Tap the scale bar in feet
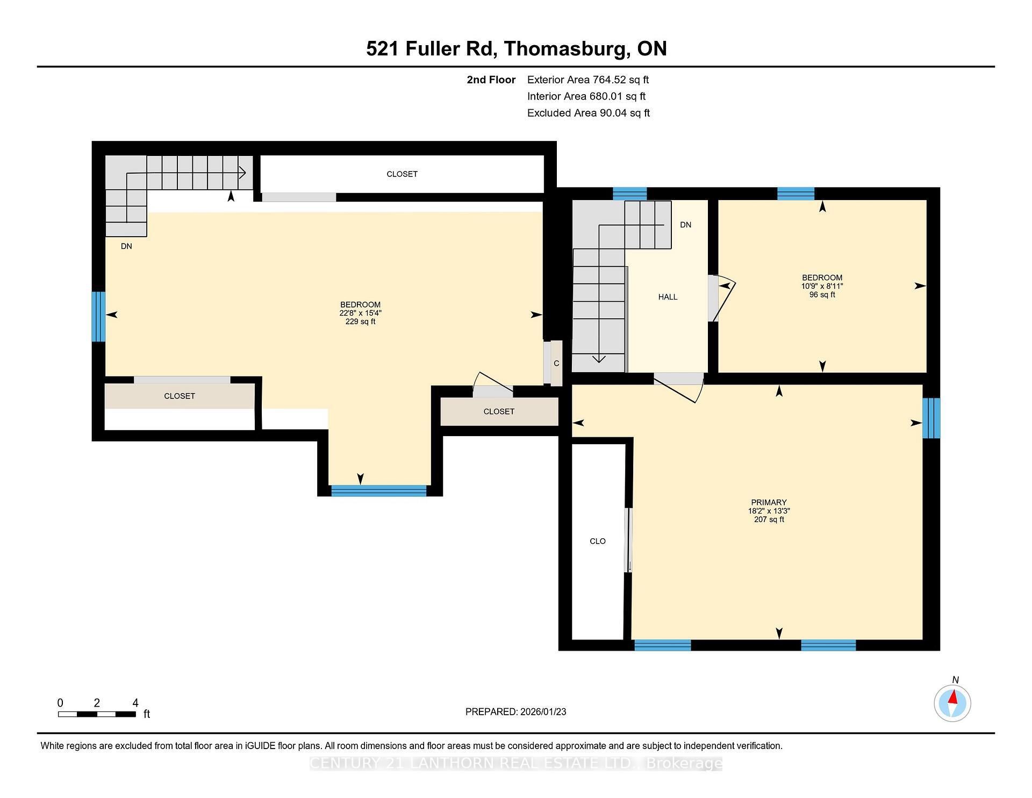tap(97, 714)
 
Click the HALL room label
tap(668, 297)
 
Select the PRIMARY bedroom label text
tap(769, 502)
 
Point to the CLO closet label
tap(597, 541)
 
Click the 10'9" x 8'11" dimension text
tap(822, 286)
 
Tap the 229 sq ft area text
tap(360, 322)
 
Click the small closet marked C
tap(556, 364)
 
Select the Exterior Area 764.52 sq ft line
tap(587, 80)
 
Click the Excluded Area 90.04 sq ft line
tap(588, 113)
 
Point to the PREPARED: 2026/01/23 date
tap(515, 711)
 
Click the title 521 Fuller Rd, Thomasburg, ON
tap(516, 48)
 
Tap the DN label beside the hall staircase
tap(685, 225)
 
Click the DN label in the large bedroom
tap(126, 246)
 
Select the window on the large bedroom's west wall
tap(98, 316)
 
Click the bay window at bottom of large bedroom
tap(378, 490)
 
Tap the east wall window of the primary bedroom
tap(931, 418)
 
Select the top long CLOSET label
tap(402, 174)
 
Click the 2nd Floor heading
tap(491, 80)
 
